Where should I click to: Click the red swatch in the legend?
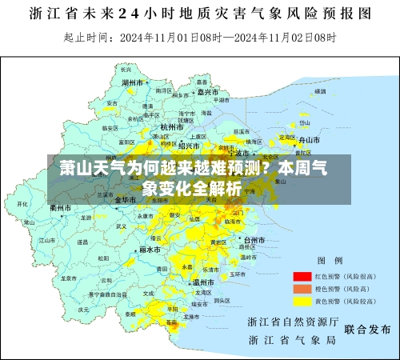[302, 274]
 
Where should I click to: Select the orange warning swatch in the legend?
[302, 288]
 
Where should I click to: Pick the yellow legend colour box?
[302, 302]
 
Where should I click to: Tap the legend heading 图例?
[330, 261]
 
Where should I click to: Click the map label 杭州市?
[172, 126]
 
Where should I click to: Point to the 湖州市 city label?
[132, 82]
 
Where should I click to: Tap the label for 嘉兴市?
[206, 92]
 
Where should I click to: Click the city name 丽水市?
[150, 249]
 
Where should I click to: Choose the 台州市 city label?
[254, 239]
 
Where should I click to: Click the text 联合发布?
[366, 329]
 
